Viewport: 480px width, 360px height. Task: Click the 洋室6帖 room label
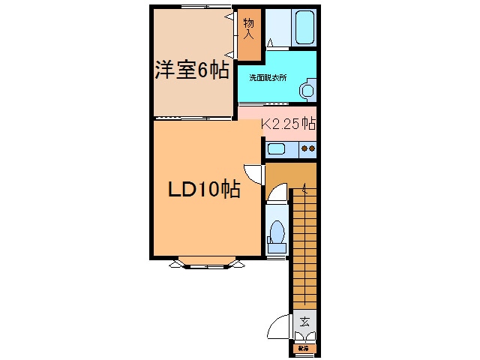click(x=192, y=71)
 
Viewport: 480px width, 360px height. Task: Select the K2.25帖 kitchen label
click(x=288, y=124)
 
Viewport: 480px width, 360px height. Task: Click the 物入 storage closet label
click(x=248, y=28)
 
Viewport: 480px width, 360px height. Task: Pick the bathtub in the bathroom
click(x=302, y=28)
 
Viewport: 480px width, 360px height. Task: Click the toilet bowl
click(x=276, y=233)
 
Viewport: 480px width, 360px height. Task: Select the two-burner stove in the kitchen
click(x=307, y=148)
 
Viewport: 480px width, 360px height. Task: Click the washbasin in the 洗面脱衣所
click(x=307, y=91)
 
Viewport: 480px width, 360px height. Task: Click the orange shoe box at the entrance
click(x=304, y=348)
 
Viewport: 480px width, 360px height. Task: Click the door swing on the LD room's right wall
click(x=253, y=172)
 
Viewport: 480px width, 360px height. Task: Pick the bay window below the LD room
click(x=207, y=262)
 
